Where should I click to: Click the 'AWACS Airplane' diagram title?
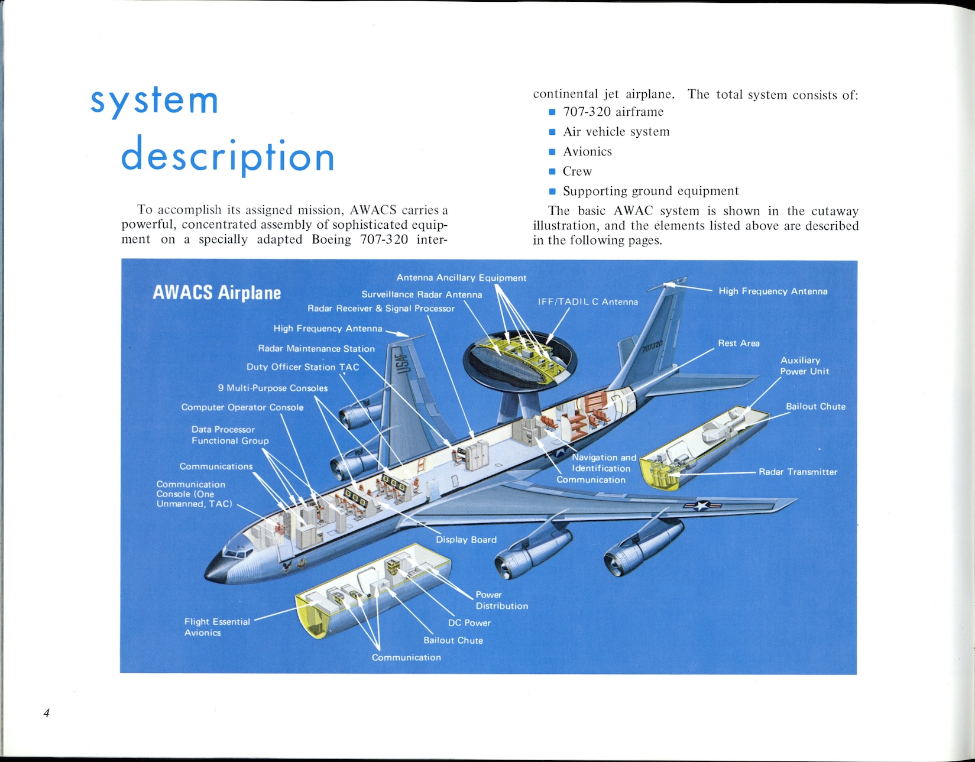coord(216,293)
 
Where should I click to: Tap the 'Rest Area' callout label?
coord(738,343)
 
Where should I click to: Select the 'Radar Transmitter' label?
coord(798,472)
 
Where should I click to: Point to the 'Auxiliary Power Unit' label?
coord(804,365)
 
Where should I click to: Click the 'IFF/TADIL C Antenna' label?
coord(588,301)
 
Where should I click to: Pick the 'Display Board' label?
coord(466,539)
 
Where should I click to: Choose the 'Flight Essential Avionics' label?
coord(216,627)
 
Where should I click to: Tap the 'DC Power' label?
coord(469,622)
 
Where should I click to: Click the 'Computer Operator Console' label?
coord(242,407)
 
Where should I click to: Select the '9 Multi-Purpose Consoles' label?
coord(273,388)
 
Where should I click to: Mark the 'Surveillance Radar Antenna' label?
coord(422,294)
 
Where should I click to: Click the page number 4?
coord(47,713)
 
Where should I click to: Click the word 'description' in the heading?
coord(228,156)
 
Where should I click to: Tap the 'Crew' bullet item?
coord(577,171)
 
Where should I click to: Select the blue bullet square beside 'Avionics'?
coord(552,152)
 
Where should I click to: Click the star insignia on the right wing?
coord(702,505)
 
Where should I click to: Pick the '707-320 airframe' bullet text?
coord(613,112)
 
